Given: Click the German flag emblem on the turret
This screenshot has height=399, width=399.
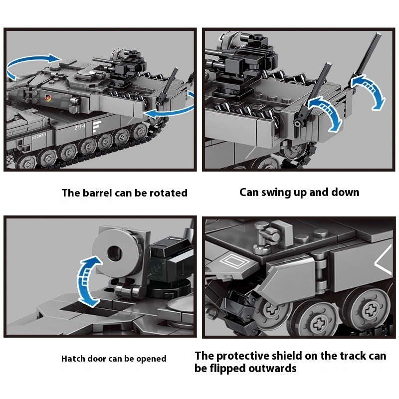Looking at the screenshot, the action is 48,98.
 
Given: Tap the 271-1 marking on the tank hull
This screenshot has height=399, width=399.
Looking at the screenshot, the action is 80,127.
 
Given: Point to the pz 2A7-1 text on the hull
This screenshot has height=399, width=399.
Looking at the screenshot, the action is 39,136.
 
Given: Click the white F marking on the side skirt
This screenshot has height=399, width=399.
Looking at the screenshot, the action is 97,127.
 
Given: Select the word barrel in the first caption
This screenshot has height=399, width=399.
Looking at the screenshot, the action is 98,193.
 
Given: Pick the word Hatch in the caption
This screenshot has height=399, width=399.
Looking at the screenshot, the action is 73,359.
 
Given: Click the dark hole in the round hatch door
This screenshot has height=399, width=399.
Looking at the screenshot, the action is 115,254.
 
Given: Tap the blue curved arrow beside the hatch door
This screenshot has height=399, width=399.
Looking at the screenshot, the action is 88,281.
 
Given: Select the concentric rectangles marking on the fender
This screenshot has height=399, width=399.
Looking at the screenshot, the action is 233,262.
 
